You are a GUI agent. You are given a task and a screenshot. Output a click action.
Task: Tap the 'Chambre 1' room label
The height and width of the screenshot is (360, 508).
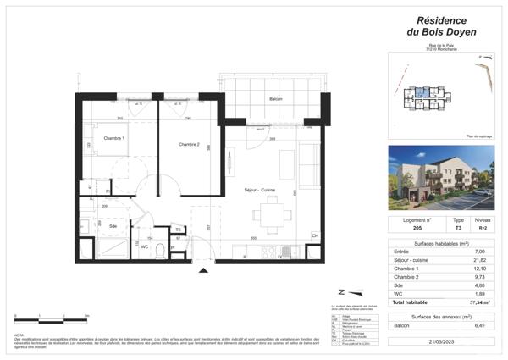(x=114, y=138)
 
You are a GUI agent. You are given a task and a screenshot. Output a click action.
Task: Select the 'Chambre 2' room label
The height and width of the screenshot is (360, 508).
(x=188, y=145)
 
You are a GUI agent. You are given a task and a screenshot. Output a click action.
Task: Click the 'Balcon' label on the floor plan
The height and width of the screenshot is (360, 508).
(x=275, y=99)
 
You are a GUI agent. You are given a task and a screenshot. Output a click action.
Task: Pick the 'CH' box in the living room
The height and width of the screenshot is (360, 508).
(x=315, y=235)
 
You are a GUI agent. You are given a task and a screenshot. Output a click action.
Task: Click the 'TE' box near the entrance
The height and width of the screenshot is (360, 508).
(x=179, y=230)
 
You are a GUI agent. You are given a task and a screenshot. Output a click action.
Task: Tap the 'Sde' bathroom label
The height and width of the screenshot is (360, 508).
(x=113, y=226)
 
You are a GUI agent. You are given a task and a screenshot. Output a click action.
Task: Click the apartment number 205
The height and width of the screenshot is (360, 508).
(x=406, y=228)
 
